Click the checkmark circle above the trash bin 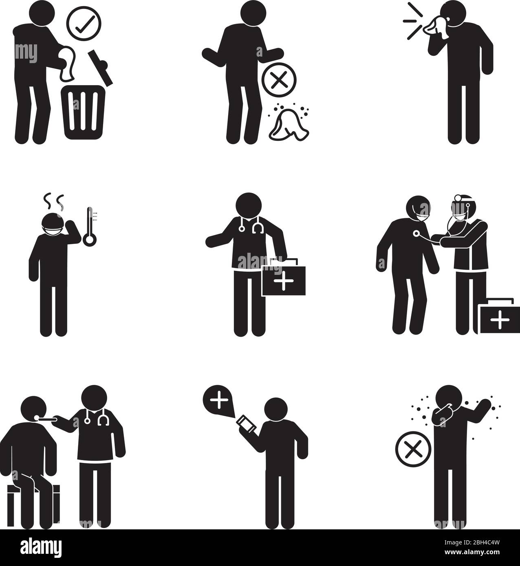[x=84, y=24]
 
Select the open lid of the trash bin [x=100, y=67]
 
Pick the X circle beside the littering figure [x=279, y=80]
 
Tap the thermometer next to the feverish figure [x=90, y=226]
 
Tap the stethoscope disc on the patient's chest [x=416, y=233]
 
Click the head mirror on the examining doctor [x=458, y=198]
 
